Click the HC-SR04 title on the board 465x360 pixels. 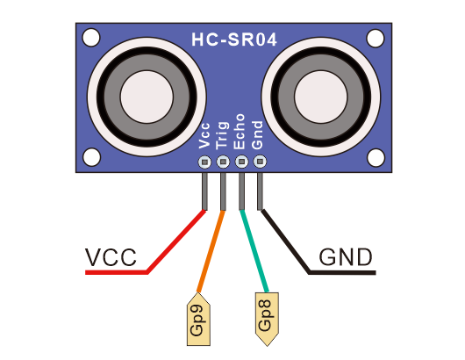[x=234, y=40]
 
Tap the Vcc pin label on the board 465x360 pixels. [x=204, y=135]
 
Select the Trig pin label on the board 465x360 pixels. [x=223, y=135]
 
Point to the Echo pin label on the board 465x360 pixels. [x=240, y=132]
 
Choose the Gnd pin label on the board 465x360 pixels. [x=257, y=134]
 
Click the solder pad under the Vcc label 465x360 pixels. [x=204, y=162]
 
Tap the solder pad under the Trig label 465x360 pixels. [x=223, y=162]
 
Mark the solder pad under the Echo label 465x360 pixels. [x=241, y=162]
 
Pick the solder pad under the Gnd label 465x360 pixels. [x=260, y=162]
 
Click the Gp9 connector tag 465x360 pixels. [x=198, y=320]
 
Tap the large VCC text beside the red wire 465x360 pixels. [x=111, y=257]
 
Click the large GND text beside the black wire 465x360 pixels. [x=346, y=257]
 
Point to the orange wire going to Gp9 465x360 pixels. [x=211, y=251]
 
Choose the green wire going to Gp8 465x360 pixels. [x=254, y=251]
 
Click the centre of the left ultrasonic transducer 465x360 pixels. [x=147, y=97]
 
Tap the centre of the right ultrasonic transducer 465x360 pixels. [x=320, y=97]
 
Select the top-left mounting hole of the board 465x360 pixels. [x=91, y=38]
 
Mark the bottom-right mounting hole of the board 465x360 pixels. [x=376, y=157]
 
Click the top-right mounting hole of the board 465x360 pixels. [x=376, y=39]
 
